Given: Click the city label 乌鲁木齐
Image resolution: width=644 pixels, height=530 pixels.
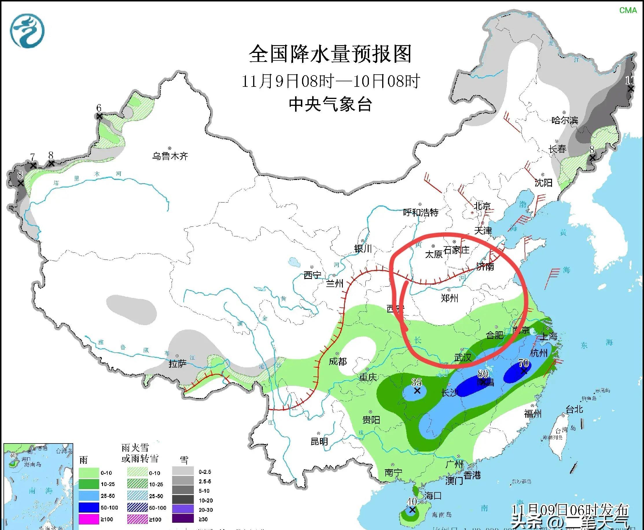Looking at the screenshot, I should (x=170, y=156).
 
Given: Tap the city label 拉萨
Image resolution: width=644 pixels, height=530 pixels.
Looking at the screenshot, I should (x=177, y=364).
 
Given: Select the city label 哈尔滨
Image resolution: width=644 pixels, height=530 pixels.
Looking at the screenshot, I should (x=565, y=120).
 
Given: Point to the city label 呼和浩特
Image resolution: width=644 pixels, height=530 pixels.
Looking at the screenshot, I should (x=420, y=212).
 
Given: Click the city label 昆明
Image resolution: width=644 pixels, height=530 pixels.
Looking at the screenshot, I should (x=319, y=441).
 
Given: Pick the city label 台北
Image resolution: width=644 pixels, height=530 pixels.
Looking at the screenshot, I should (x=574, y=409).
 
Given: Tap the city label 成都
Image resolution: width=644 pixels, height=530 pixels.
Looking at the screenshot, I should (x=338, y=361).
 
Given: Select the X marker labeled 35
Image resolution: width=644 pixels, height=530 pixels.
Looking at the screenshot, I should (x=417, y=391).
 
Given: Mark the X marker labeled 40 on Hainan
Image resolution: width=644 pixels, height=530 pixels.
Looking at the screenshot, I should (x=412, y=510).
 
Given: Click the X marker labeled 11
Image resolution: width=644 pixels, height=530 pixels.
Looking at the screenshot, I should (x=631, y=89).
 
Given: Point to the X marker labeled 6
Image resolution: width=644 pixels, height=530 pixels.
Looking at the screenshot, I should (x=99, y=116).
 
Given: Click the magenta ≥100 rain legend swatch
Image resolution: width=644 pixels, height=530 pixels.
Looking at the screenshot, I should (x=89, y=519).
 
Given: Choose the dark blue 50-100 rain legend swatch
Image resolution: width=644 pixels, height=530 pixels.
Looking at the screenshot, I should (x=89, y=507).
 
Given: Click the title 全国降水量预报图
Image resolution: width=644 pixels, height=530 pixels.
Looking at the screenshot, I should (x=330, y=54).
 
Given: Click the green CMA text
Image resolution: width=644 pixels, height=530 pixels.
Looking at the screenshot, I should (x=628, y=10).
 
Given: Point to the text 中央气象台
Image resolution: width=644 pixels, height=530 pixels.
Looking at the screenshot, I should (x=330, y=104).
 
